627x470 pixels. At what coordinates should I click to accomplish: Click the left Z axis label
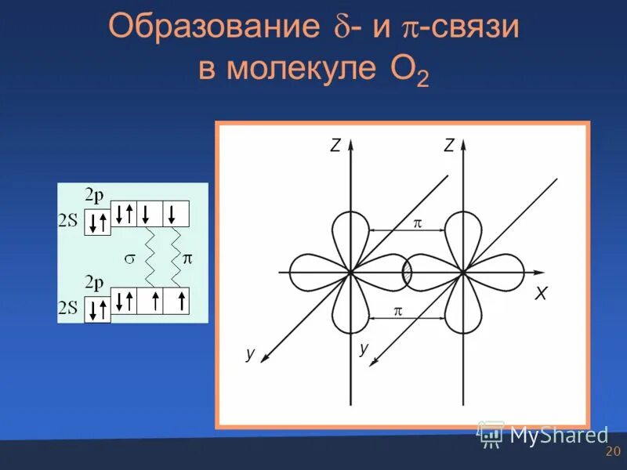click(x=335, y=145)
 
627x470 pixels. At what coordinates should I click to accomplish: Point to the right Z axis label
click(x=448, y=145)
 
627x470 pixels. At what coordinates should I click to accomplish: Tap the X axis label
click(x=540, y=293)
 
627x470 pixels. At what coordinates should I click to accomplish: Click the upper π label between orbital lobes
click(x=417, y=223)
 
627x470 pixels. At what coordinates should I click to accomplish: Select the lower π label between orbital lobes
click(x=397, y=311)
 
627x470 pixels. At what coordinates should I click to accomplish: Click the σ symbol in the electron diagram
click(x=131, y=257)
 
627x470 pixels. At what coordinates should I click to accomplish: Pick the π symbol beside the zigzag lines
click(x=187, y=257)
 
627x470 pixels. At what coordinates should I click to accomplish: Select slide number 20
click(x=613, y=452)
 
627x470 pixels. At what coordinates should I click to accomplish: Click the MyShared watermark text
click(x=559, y=435)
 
